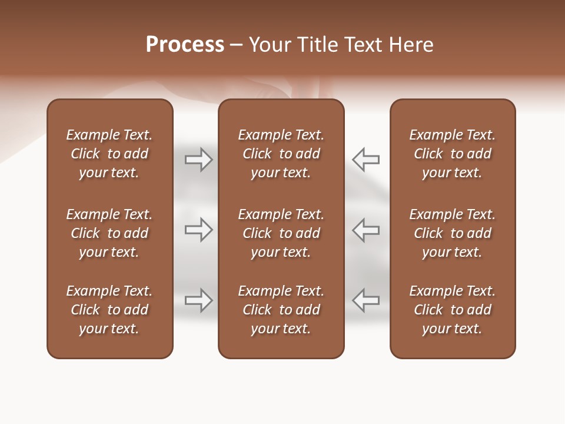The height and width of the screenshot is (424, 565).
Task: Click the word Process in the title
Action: [x=185, y=45]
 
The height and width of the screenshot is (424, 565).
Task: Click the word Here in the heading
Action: [x=411, y=45]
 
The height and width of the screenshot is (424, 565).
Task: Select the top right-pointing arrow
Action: [x=198, y=160]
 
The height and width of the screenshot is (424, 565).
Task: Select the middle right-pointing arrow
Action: [x=198, y=230]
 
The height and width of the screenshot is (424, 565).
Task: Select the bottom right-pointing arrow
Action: [x=198, y=300]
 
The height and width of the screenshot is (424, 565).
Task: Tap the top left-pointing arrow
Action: [x=366, y=160]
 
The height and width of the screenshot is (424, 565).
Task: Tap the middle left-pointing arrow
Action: [x=366, y=230]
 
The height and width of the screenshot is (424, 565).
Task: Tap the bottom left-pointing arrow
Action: [x=366, y=300]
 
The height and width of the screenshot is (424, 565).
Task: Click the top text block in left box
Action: [x=109, y=154]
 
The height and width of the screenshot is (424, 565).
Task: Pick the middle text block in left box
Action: [x=109, y=233]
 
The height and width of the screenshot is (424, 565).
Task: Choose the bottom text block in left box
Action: [x=109, y=310]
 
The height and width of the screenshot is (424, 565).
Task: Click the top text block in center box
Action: [x=281, y=154]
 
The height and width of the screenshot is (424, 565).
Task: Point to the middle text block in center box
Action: [x=281, y=233]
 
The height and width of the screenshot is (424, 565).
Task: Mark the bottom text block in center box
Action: [x=281, y=310]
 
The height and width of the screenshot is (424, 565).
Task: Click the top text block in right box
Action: [x=453, y=154]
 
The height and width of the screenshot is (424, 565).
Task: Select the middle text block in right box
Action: [x=453, y=233]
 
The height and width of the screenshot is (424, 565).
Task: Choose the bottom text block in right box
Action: [x=453, y=310]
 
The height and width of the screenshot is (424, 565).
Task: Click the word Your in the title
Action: [x=270, y=45]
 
